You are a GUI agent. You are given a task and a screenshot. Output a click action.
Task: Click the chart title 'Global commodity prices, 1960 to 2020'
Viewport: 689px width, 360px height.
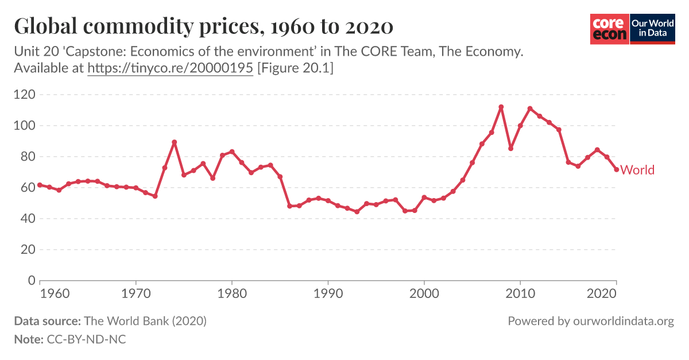[204, 26]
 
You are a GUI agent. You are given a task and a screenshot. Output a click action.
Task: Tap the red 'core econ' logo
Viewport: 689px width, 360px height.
[609, 28]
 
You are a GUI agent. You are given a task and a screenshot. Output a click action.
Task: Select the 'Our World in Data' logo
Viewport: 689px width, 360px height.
[652, 28]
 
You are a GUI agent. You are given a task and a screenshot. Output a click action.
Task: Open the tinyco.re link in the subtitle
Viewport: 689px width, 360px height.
[170, 68]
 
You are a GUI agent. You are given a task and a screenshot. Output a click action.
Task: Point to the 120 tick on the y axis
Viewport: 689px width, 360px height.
[25, 94]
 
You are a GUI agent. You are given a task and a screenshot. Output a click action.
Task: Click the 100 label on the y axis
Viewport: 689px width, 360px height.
[25, 125]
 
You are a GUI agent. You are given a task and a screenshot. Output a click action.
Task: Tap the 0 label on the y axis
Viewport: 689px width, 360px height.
[32, 281]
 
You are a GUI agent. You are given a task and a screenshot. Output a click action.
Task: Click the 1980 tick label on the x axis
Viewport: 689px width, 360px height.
[231, 292]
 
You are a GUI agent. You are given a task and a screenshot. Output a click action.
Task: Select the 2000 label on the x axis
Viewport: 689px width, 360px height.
[424, 292]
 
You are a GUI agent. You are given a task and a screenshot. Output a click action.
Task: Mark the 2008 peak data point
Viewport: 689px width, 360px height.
[501, 107]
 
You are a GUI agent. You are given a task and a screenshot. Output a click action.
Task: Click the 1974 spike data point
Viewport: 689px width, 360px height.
[174, 142]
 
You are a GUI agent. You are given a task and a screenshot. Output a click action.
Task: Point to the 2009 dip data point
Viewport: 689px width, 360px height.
[510, 148]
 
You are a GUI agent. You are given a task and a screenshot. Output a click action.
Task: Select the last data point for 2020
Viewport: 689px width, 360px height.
[616, 169]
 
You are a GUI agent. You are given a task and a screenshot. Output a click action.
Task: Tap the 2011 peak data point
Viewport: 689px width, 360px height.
[530, 109]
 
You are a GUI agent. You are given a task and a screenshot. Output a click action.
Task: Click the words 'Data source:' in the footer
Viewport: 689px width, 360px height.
[48, 321]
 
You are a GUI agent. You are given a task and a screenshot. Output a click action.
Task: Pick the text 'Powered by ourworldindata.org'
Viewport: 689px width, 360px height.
[591, 321]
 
